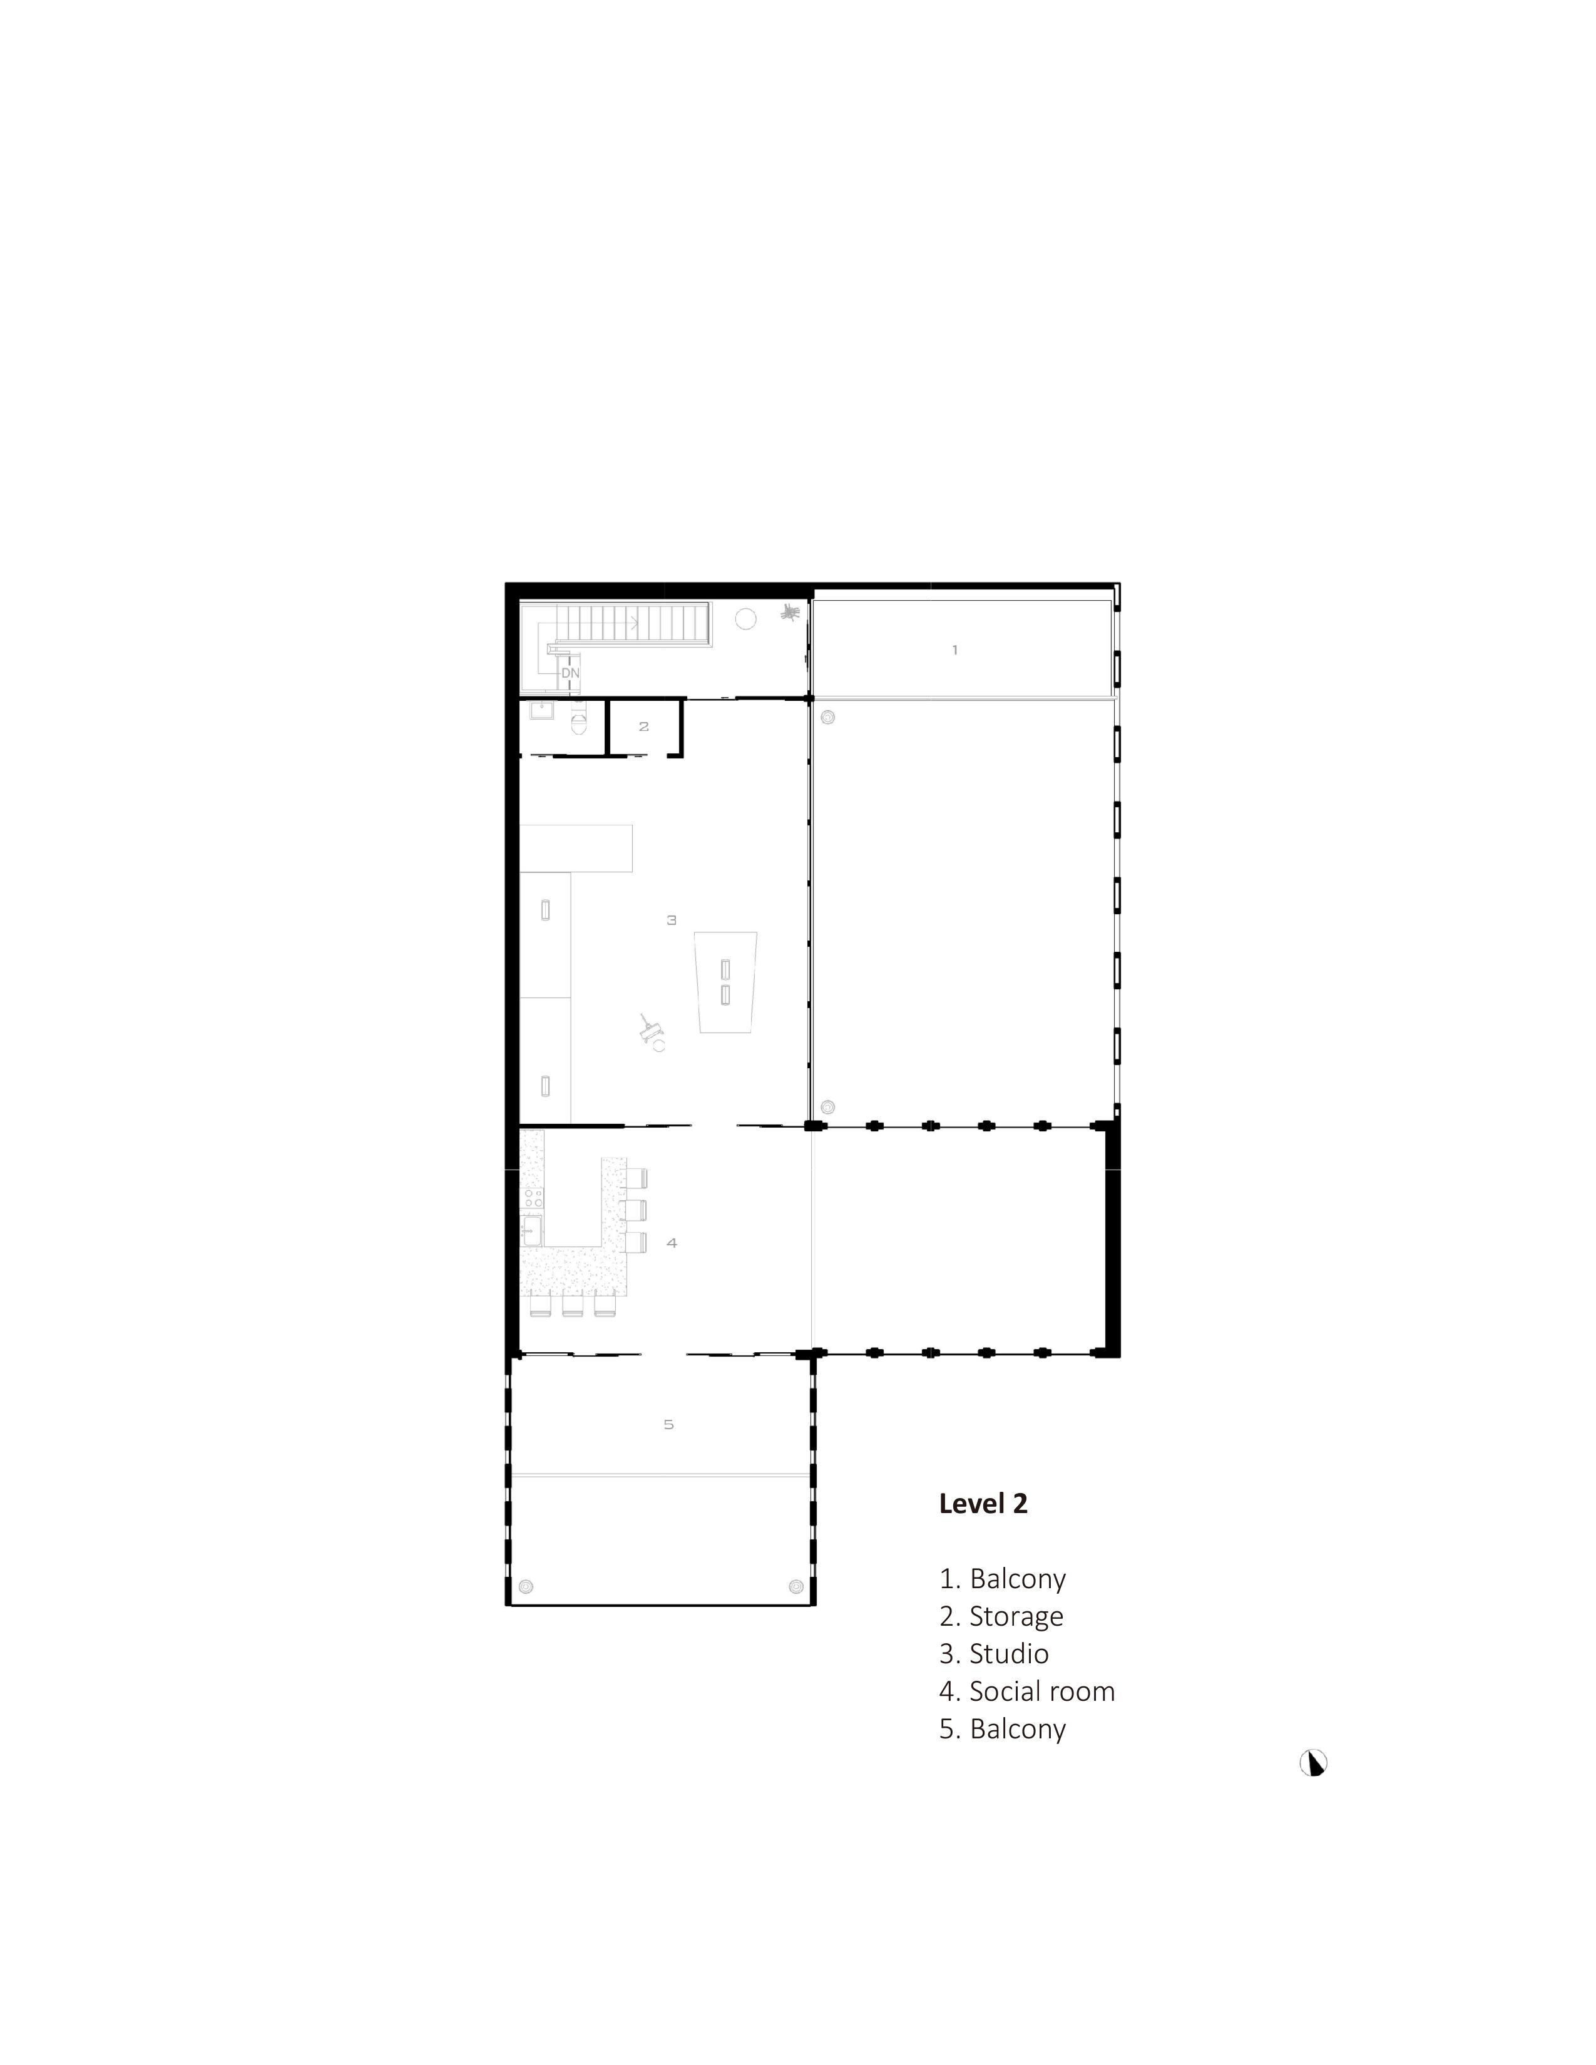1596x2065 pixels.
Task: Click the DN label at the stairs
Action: pyautogui.click(x=570, y=673)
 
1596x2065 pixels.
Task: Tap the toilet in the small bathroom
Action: pyautogui.click(x=580, y=721)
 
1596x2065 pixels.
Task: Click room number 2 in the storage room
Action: pyautogui.click(x=644, y=726)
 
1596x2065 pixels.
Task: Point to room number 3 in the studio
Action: pyautogui.click(x=672, y=919)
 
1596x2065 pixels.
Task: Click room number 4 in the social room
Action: pyautogui.click(x=672, y=1242)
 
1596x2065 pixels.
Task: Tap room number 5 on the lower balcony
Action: pyautogui.click(x=668, y=1424)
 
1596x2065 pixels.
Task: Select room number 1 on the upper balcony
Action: pyautogui.click(x=955, y=650)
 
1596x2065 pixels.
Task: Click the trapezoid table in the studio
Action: pyautogui.click(x=725, y=981)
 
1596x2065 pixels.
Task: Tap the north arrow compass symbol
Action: pyautogui.click(x=1313, y=1762)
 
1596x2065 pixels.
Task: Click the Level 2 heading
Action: pyautogui.click(x=983, y=1503)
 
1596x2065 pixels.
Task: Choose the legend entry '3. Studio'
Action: pyautogui.click(x=994, y=1654)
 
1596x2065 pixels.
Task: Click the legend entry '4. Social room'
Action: pyautogui.click(x=1027, y=1691)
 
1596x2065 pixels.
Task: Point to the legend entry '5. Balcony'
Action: pyautogui.click(x=1002, y=1728)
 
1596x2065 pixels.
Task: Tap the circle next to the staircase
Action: pyautogui.click(x=746, y=619)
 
